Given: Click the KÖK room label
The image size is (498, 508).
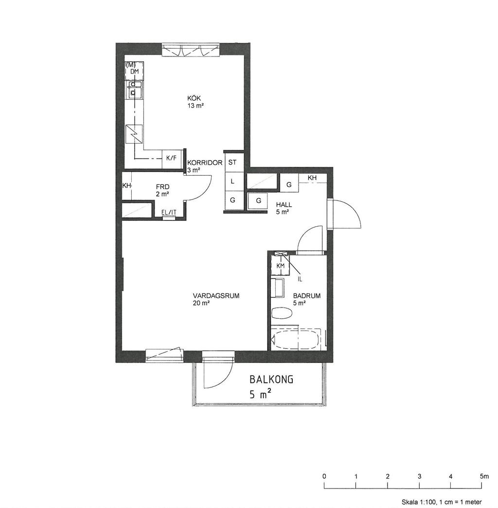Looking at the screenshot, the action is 194,98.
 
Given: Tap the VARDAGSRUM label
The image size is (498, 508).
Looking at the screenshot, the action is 216,295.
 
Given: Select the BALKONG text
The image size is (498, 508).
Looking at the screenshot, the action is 271,379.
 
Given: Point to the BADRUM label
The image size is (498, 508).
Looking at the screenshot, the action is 307,295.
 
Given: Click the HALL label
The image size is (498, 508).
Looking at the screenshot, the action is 284,205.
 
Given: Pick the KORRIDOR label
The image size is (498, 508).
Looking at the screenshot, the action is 205,163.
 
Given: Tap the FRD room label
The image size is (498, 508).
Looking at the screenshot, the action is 162,187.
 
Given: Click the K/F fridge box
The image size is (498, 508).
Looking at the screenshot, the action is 172,159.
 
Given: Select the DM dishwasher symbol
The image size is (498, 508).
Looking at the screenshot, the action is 134,71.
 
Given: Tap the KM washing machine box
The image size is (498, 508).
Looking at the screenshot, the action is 280,265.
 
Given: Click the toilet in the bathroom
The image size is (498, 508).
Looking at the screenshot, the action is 282,313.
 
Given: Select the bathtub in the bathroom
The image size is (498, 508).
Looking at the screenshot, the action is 296,339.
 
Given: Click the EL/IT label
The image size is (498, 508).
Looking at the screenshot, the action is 169,212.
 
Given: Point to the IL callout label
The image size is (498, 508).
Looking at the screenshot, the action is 300,279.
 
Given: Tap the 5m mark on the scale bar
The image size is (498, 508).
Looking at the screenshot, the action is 484,476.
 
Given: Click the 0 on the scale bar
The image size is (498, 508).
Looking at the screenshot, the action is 324,476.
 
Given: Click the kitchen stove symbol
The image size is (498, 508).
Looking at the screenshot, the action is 134,134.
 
